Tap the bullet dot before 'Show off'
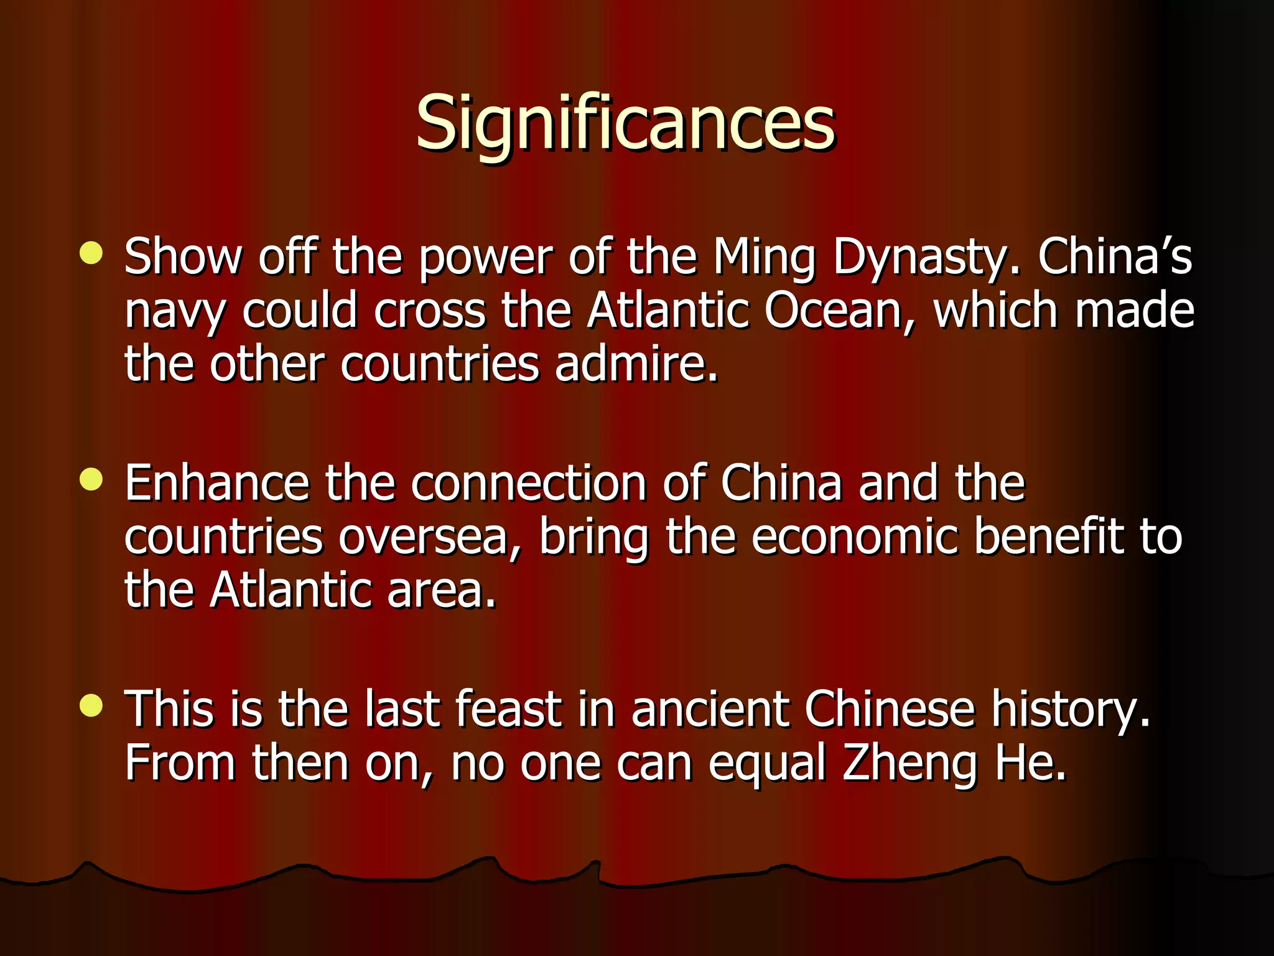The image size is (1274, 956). [91, 253]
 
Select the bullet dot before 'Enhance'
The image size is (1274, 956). [91, 479]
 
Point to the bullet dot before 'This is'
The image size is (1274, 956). [91, 705]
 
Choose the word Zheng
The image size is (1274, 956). [909, 763]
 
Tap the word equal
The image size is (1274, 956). [767, 763]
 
